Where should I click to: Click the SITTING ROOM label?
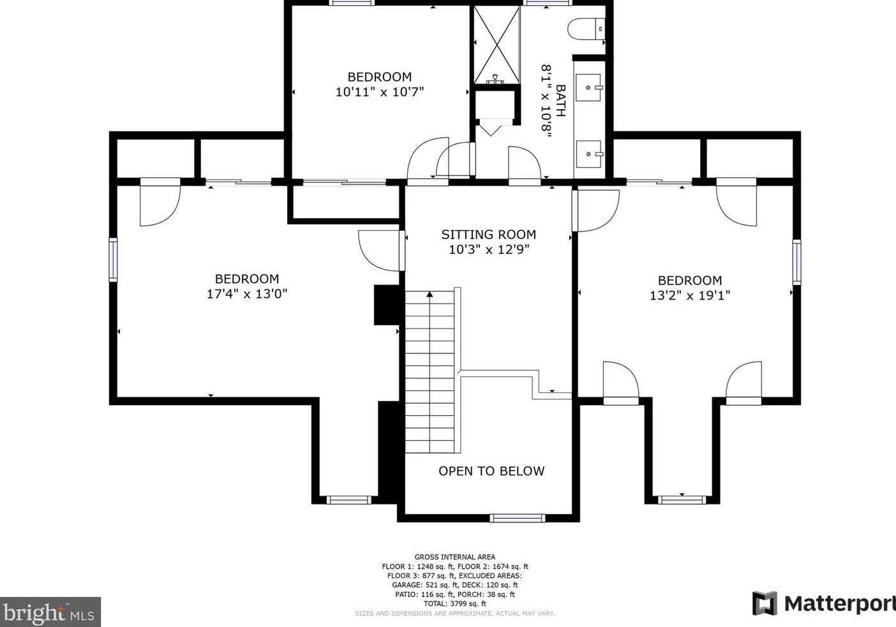pos(488,234)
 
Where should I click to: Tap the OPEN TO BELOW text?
pos(491,471)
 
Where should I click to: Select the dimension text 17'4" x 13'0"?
pos(247,294)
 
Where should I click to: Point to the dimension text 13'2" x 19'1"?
pos(689,295)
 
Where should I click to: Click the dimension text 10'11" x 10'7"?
pos(380,92)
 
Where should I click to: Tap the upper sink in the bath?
pos(588,87)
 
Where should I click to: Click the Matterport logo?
pos(823,603)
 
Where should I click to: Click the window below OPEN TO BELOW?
pos(518,518)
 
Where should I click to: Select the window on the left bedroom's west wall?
pos(113,260)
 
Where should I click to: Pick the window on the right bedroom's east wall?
pos(796,262)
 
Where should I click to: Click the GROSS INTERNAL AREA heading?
pos(454,557)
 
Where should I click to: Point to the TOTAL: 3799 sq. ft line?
pos(454,603)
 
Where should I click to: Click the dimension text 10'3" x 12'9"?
pos(489,249)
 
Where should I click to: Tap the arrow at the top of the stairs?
pos(430,295)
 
